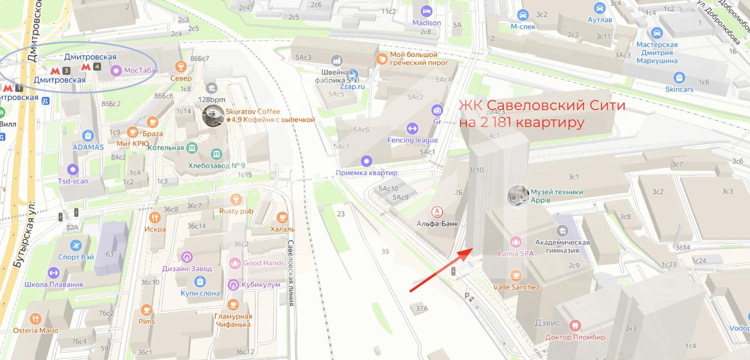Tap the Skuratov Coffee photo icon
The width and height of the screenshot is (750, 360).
[x=212, y=116]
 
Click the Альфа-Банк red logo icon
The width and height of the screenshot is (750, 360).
[x=437, y=212]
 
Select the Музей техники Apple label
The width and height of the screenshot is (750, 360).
[x=556, y=196]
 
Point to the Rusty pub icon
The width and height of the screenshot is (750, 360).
[x=236, y=199]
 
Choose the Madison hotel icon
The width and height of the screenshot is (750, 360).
[x=426, y=11]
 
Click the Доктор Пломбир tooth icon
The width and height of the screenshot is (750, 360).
[x=575, y=325]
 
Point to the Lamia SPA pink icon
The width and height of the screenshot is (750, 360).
[x=515, y=241]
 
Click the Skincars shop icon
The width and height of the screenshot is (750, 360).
[x=680, y=77]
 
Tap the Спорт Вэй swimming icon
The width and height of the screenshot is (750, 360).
[x=76, y=245]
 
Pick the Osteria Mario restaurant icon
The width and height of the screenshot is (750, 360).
[x=35, y=319]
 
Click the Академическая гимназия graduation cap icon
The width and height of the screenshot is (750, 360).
[x=561, y=231]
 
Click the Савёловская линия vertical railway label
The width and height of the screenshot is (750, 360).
[x=291, y=273]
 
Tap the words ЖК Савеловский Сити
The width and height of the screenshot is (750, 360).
[x=542, y=106]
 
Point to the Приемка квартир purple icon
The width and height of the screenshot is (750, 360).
[x=366, y=161]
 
